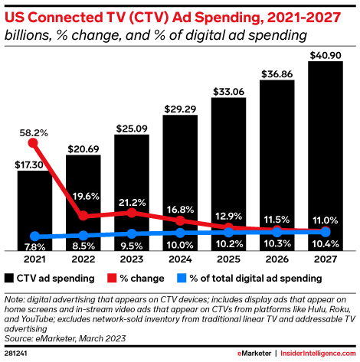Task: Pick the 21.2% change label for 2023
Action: point(132,202)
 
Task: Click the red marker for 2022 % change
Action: point(83,216)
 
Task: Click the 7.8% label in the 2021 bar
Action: point(31,246)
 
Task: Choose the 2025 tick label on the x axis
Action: point(228,259)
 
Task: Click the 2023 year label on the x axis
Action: point(132,259)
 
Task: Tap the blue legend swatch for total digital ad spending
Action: point(183,278)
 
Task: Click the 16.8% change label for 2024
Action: point(181,209)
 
